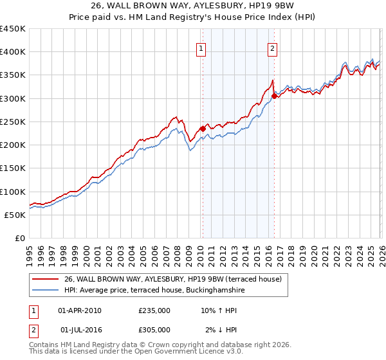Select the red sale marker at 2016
[x=274, y=96]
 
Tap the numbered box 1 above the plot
[x=201, y=48]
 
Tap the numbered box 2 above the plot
[x=273, y=48]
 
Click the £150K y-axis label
[x=13, y=168]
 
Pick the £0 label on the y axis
[x=19, y=239]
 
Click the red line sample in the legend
[x=46, y=279]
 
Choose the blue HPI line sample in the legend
[x=46, y=291]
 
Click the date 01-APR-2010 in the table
[x=80, y=310]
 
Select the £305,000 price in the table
[x=154, y=330]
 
